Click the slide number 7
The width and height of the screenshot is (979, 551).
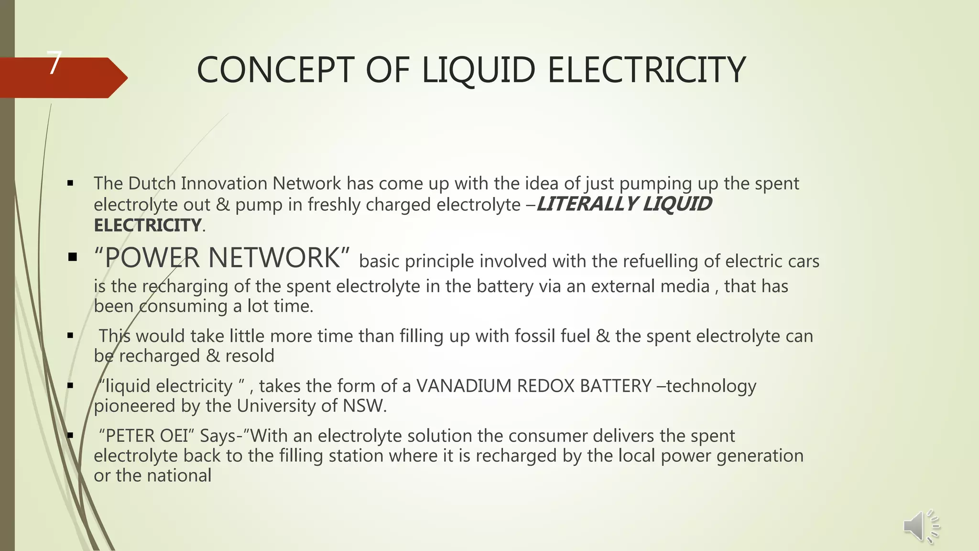[55, 63]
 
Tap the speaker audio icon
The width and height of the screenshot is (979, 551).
[921, 527]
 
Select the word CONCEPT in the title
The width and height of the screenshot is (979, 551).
[276, 70]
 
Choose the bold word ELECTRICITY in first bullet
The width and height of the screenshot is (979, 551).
[148, 225]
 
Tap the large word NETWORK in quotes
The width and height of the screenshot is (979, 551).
[274, 258]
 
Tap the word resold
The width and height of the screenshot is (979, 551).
[250, 356]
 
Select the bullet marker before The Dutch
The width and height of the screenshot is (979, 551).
[71, 183]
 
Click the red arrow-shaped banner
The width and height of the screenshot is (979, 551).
[62, 78]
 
